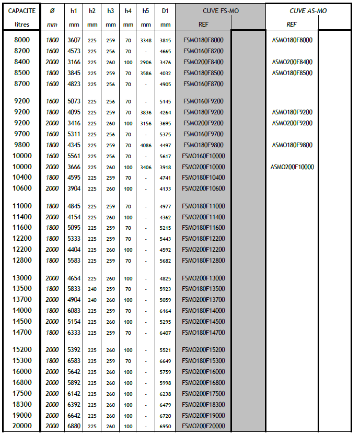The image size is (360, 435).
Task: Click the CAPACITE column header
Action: tap(22, 10)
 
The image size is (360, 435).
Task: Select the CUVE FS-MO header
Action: tap(220, 10)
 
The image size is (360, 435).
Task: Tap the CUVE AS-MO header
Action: tap(308, 10)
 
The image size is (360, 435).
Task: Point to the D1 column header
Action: tap(165, 10)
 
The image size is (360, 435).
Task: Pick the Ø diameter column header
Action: tap(52, 10)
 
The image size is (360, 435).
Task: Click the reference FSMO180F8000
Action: tap(203, 40)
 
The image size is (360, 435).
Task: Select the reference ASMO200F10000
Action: tap(292, 167)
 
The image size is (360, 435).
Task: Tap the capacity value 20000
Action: tap(22, 426)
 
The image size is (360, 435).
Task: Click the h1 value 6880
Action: tap(74, 426)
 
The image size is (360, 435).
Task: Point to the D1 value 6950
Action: tap(165, 426)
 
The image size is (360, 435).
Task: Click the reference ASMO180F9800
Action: tap(292, 145)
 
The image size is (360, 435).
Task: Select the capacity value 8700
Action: tap(22, 84)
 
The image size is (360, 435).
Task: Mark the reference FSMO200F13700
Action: tap(203, 300)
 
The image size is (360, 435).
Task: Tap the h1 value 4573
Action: tap(74, 51)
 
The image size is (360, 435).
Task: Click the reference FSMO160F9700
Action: tap(203, 134)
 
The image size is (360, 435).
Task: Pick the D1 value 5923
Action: tap(165, 289)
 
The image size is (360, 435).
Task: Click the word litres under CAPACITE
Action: tap(22, 25)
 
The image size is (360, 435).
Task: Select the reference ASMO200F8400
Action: tap(292, 62)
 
